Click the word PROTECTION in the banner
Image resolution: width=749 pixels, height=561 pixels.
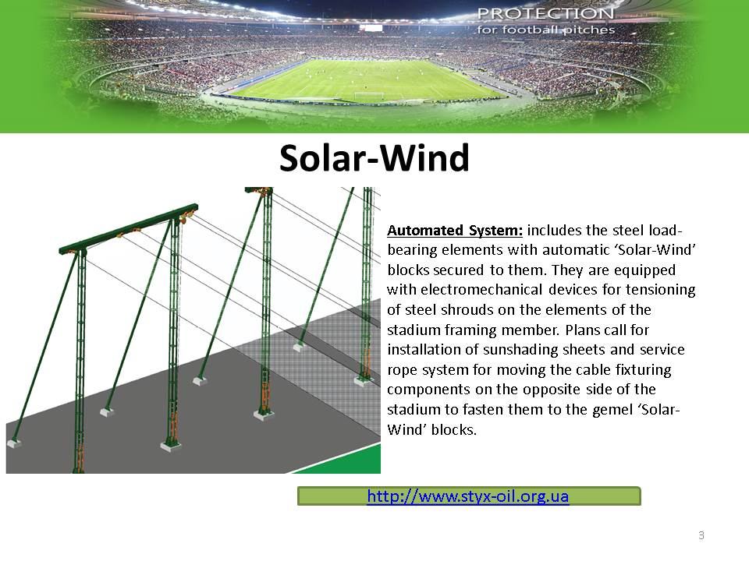tap(545, 13)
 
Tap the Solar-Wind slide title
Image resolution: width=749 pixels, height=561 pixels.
tap(374, 157)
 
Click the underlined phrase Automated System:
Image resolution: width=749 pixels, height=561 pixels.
tap(455, 231)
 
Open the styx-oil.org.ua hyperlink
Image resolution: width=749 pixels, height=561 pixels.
tap(468, 496)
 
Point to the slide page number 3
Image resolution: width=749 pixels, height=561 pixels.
tap(701, 535)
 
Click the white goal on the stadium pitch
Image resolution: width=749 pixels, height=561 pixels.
tap(368, 96)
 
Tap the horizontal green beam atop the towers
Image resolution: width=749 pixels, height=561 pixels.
tap(129, 228)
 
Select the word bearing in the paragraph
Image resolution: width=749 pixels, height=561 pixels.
tap(412, 250)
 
